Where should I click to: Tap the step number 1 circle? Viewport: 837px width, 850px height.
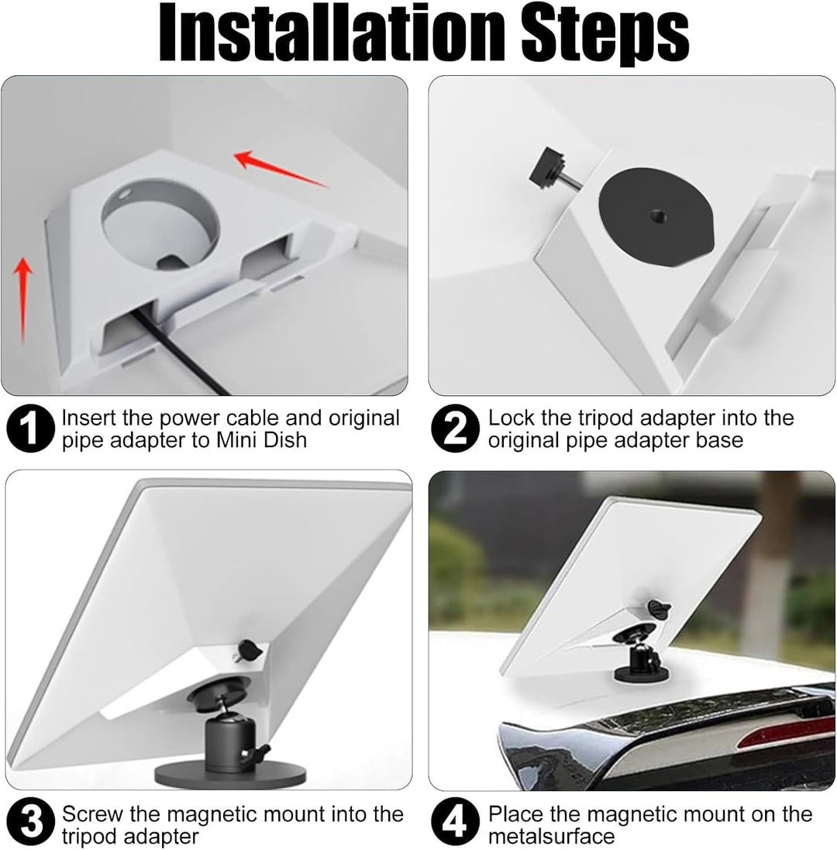point(31,428)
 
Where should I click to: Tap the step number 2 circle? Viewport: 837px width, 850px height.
point(456,428)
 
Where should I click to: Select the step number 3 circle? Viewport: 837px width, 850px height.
point(31,821)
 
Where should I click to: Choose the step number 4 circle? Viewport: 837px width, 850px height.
point(456,821)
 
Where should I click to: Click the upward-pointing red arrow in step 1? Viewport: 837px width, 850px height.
point(22,300)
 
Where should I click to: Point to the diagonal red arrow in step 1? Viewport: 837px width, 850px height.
point(281,169)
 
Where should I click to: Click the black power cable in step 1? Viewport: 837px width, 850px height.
point(181,352)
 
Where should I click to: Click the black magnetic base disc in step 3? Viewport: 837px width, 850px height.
point(230,775)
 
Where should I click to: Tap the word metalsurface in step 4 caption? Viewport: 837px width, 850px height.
point(551,835)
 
